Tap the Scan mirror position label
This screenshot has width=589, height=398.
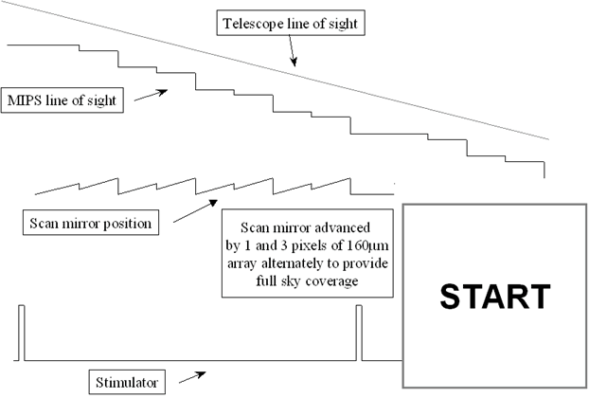click(90, 224)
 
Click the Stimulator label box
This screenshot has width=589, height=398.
click(127, 383)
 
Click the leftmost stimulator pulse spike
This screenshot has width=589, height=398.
click(21, 332)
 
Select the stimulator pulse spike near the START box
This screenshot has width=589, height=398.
click(358, 332)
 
